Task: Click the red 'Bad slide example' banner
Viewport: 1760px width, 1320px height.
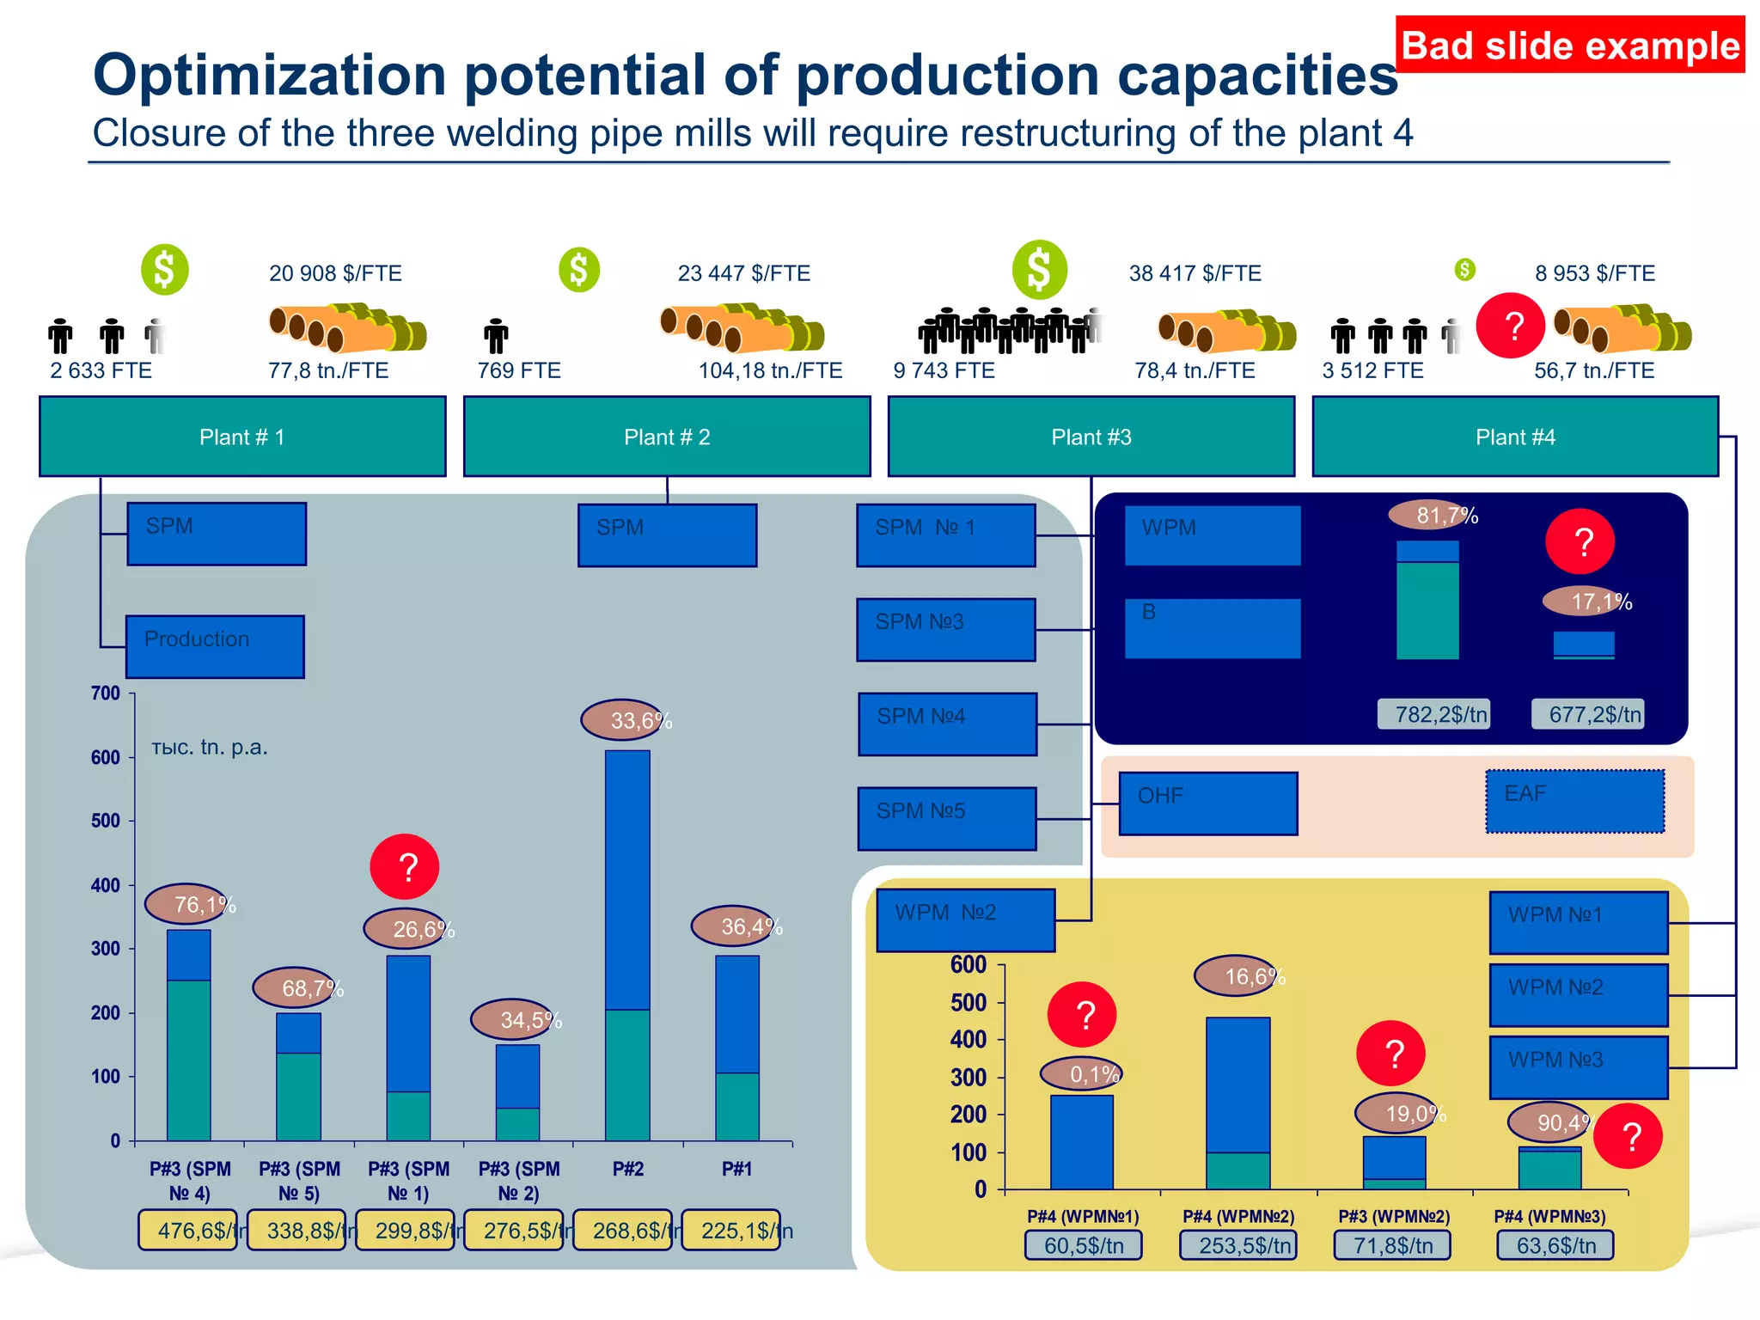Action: tap(1569, 45)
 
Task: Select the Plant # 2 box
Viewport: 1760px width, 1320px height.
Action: tap(667, 437)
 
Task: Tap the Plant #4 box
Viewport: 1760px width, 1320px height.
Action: tap(1515, 437)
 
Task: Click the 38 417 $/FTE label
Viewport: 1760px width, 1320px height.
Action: tap(1195, 273)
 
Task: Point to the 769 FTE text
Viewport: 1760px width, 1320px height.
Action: tap(519, 370)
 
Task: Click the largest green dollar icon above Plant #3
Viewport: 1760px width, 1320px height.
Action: tap(1039, 269)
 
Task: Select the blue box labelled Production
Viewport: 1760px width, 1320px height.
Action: tap(215, 646)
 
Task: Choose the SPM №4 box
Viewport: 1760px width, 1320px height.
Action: tap(947, 724)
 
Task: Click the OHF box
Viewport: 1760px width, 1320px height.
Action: tap(1207, 803)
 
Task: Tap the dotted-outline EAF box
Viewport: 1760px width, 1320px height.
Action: tap(1574, 801)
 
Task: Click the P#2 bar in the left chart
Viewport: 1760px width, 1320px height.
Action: tap(627, 945)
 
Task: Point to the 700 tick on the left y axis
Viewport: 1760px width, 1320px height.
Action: tap(106, 694)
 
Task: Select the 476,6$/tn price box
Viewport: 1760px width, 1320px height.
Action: tap(188, 1230)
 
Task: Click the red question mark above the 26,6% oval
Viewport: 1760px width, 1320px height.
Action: tap(405, 867)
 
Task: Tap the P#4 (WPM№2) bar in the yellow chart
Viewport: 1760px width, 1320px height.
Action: tap(1237, 1103)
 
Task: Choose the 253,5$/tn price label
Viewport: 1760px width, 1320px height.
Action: tap(1238, 1245)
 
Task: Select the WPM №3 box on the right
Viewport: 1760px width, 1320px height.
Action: tap(1578, 1066)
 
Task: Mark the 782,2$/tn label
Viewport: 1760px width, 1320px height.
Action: tap(1433, 714)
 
